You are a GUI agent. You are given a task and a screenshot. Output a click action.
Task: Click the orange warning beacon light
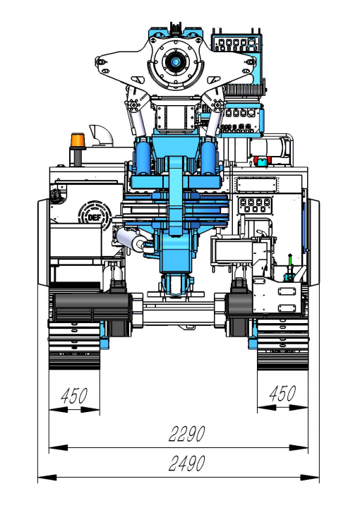click(x=78, y=140)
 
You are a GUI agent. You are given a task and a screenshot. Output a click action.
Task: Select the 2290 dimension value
click(x=187, y=434)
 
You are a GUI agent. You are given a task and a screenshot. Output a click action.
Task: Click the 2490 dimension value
click(x=187, y=464)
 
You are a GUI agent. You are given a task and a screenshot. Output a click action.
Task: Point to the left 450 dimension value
click(x=74, y=395)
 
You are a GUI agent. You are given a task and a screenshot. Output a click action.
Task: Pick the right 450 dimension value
click(x=282, y=393)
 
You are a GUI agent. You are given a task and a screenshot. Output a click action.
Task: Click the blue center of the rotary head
click(x=175, y=61)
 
